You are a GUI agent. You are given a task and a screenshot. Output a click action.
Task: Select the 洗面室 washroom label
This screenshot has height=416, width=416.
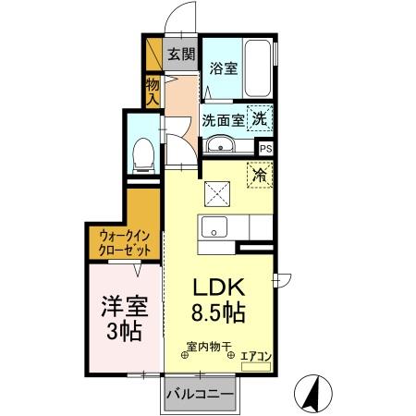(x=222, y=119)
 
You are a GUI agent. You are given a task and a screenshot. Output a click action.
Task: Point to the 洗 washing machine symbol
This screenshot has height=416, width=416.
(x=263, y=118)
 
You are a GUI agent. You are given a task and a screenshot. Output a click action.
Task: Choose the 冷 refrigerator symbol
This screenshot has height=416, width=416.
(x=259, y=172)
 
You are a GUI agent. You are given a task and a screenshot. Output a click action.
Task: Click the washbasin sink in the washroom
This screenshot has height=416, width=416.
(x=219, y=145)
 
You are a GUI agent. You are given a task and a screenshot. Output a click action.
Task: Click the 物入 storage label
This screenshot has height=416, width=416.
(x=153, y=90)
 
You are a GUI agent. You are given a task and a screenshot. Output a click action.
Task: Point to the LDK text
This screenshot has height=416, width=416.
(x=218, y=288)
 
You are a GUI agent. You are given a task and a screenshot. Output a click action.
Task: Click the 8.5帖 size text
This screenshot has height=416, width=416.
(x=219, y=312)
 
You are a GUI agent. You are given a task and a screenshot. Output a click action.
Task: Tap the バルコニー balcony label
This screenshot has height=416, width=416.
(x=200, y=395)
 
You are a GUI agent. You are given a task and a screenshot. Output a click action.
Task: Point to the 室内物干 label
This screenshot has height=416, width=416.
(x=205, y=347)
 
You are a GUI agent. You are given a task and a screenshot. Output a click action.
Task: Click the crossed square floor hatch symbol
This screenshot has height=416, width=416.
(x=219, y=194)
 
